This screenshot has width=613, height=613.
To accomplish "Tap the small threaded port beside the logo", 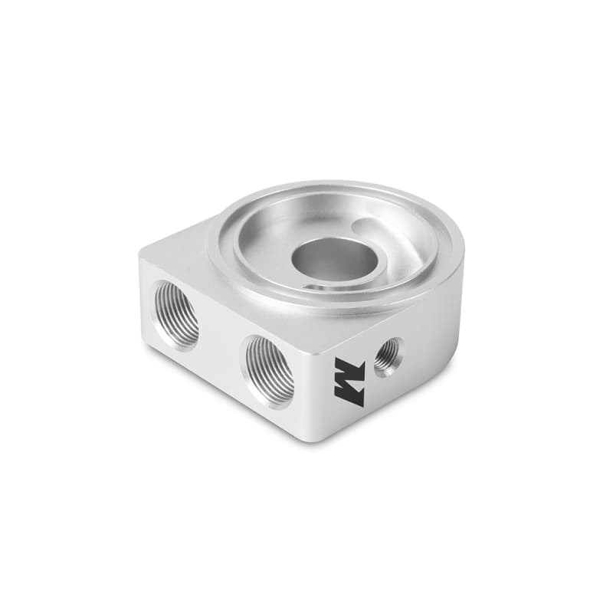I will point(388,356).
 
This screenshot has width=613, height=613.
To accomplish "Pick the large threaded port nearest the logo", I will point(269,370).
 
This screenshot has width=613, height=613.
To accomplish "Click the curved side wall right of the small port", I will point(437,337).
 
